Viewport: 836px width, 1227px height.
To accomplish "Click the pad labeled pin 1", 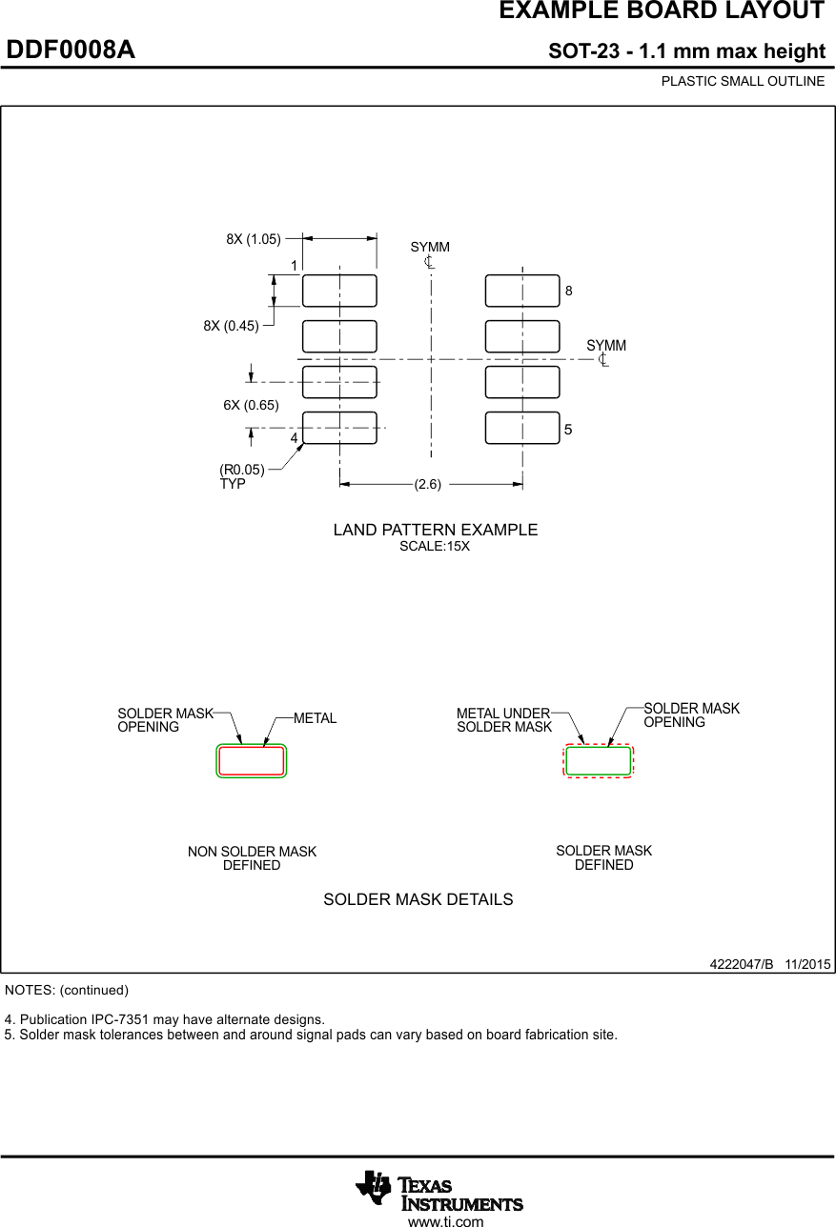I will [x=339, y=291].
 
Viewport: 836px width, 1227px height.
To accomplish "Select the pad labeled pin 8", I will [x=522, y=291].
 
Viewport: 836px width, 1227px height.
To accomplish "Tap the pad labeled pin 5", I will [x=522, y=428].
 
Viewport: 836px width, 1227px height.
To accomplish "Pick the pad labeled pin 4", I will [x=339, y=428].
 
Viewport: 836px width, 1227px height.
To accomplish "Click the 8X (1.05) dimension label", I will [x=254, y=239].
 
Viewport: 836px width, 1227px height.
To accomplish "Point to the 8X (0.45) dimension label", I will [x=231, y=326].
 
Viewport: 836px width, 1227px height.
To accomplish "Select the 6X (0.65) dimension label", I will [x=251, y=405].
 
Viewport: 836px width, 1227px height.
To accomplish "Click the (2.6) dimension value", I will [x=428, y=484].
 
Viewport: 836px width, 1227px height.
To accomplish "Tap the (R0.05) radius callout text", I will [x=242, y=470].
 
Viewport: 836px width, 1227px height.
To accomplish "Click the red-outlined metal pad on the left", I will [x=252, y=761].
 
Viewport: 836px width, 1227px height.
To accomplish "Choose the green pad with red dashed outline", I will [x=599, y=761].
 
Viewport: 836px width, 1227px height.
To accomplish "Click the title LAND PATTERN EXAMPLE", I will [x=436, y=530].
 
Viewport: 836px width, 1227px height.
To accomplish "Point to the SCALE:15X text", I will [x=435, y=547].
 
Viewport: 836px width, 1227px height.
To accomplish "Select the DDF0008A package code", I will [x=71, y=50].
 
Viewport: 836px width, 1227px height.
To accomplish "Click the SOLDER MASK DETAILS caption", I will [x=418, y=899].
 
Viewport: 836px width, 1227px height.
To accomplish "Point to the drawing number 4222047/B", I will [x=742, y=964].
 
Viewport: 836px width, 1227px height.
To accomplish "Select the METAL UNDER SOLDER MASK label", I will [x=503, y=720].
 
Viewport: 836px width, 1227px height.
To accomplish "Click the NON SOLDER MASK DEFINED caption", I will [x=252, y=858].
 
